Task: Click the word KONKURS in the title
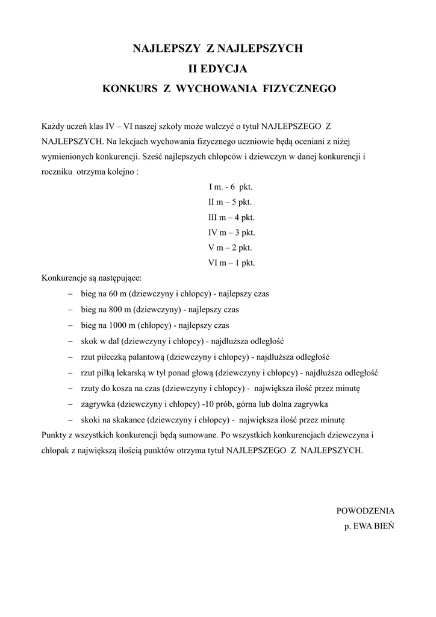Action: click(x=128, y=89)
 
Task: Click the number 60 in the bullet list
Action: click(x=115, y=295)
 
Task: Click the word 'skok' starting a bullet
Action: click(x=89, y=341)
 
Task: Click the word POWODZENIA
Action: click(x=365, y=510)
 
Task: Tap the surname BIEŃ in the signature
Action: click(x=382, y=526)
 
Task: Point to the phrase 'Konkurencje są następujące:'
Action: click(x=92, y=278)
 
